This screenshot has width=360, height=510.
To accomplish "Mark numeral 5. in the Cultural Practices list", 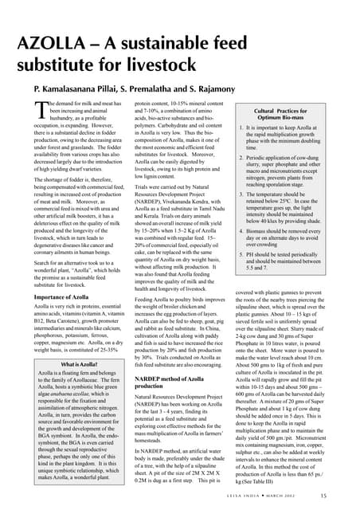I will pyautogui.click(x=241, y=253).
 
